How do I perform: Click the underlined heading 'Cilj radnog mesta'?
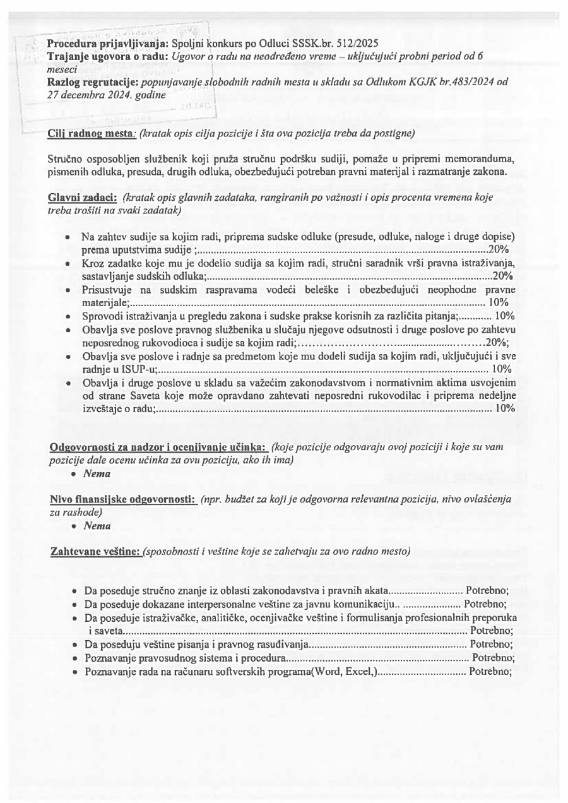tap(91, 133)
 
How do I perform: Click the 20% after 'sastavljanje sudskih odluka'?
tap(504, 276)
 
